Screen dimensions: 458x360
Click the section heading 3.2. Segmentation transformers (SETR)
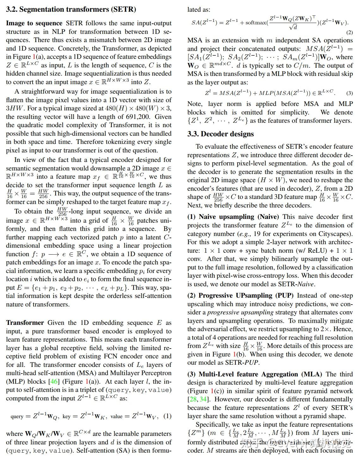click(x=71, y=9)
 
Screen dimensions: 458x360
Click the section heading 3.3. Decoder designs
click(x=220, y=134)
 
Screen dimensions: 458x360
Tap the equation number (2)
click(x=349, y=32)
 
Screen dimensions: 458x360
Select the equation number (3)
click(x=349, y=93)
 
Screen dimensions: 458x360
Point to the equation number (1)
click(x=167, y=416)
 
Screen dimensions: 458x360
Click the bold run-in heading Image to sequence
click(x=34, y=23)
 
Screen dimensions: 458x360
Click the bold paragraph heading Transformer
click(x=25, y=323)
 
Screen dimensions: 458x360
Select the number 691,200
click(x=137, y=117)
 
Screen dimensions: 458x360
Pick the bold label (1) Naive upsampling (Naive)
click(x=233, y=217)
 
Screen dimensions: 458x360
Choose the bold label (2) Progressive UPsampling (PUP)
click(x=240, y=296)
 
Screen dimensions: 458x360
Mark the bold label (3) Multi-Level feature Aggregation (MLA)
click(x=255, y=374)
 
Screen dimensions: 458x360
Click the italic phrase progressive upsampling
click(x=240, y=313)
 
